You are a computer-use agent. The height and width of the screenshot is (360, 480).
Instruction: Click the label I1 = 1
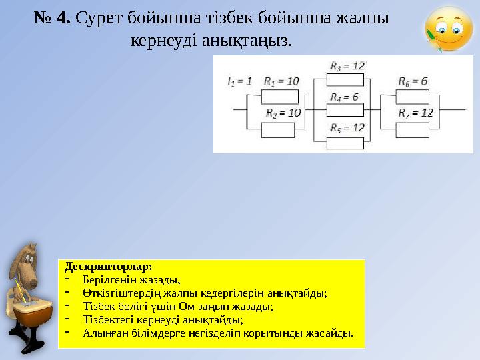[x=239, y=81]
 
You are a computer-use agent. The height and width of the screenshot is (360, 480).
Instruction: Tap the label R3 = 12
[x=347, y=66]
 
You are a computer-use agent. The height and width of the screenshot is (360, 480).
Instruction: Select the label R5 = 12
[x=347, y=127]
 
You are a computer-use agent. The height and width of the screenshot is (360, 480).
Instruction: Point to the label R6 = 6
[x=412, y=81]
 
